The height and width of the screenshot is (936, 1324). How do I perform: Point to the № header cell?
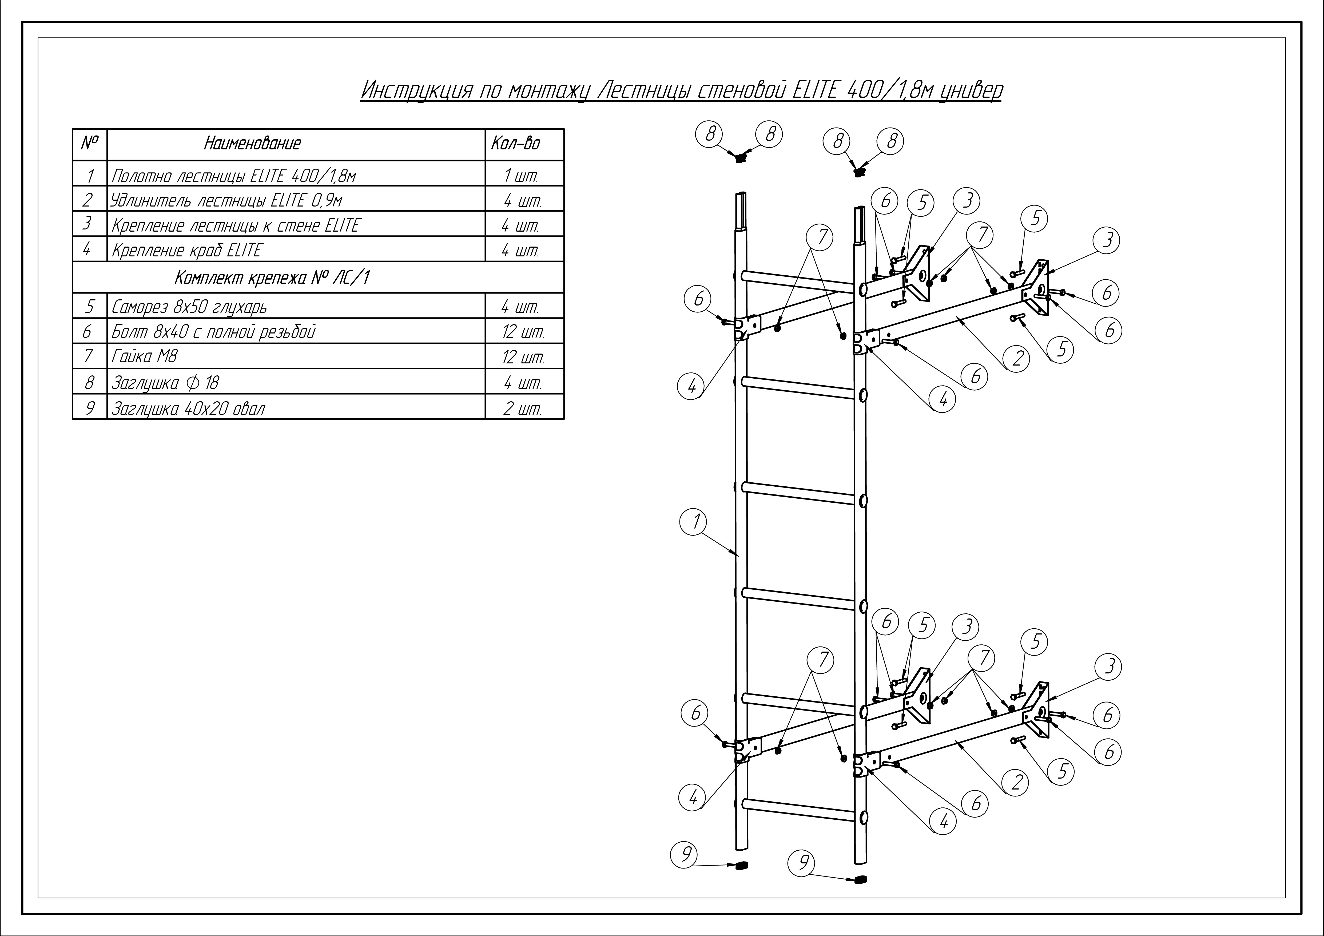[x=89, y=143]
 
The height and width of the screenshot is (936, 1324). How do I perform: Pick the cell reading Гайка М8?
[x=144, y=356]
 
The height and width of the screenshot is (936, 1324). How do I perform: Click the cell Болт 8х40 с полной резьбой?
[x=213, y=332]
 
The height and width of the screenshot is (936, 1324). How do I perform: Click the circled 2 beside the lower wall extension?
[x=1017, y=782]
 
